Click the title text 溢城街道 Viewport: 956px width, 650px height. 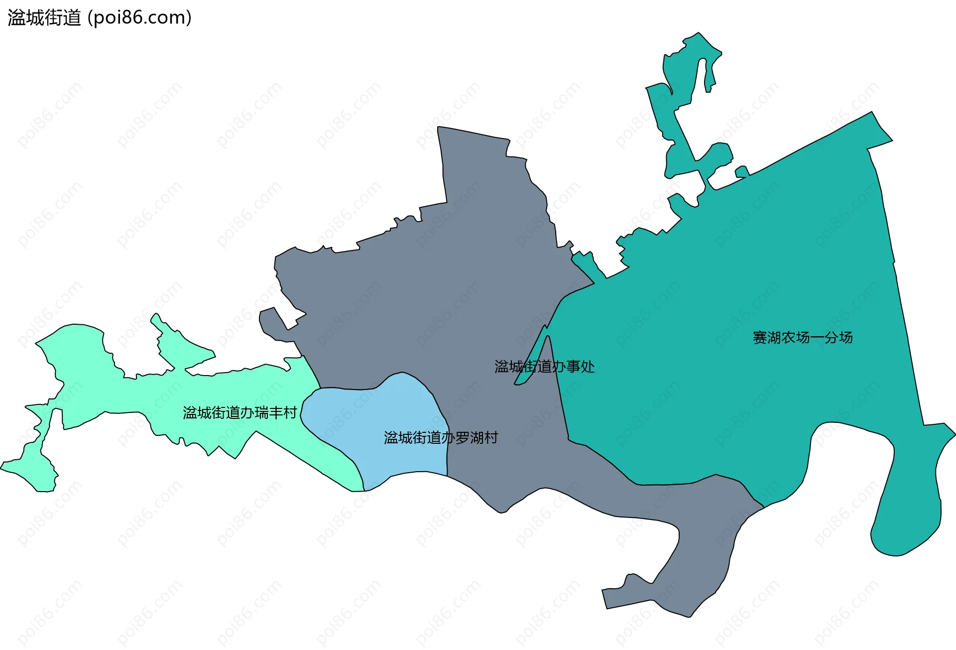[44, 18]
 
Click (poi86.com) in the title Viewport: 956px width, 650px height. [139, 18]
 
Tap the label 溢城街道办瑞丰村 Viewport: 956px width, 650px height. [239, 413]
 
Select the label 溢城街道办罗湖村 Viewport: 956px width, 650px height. [441, 438]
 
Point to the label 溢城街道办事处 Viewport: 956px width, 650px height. [544, 367]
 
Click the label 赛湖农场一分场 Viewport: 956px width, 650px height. [802, 338]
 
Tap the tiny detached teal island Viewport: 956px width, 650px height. [742, 172]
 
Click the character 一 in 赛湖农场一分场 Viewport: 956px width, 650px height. [817, 338]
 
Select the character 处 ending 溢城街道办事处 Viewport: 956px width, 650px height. [588, 367]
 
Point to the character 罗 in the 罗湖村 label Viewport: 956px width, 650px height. [462, 438]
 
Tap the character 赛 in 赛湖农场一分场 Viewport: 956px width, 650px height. [760, 338]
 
